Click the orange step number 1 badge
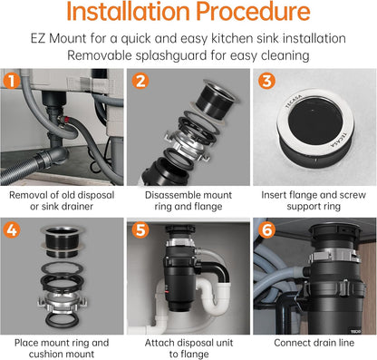coord(12,81)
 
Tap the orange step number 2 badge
coord(140,81)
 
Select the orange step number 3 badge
coord(266,81)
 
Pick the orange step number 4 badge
coord(12,230)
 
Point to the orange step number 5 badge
coord(140,230)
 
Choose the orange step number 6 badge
coord(266,230)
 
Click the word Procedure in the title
coord(253,12)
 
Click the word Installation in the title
coord(128,11)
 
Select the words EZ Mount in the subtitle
coord(58,39)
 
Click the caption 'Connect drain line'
coord(314,343)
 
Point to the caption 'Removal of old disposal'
coord(62,195)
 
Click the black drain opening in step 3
coord(315,121)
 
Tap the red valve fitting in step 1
coord(64,120)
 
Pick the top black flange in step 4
coord(63,241)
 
